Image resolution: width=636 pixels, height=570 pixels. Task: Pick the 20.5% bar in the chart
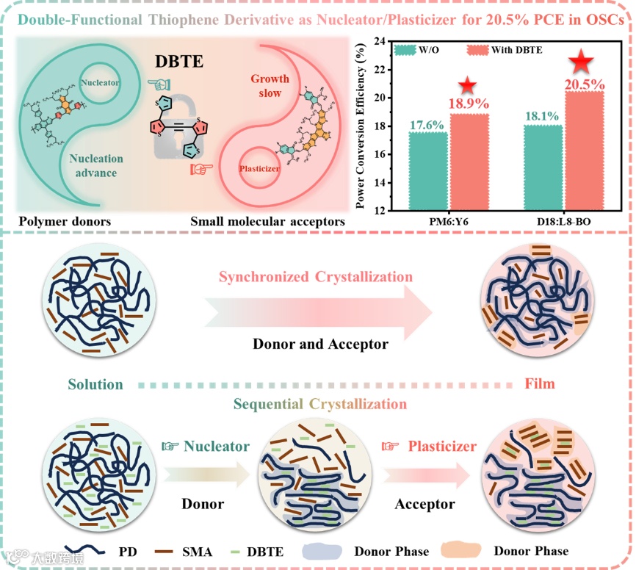pos(585,151)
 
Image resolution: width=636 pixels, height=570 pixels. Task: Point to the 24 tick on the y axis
pos(380,42)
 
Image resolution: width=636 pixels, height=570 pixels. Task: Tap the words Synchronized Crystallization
pos(316,277)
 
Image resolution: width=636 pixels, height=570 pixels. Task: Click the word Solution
pos(95,384)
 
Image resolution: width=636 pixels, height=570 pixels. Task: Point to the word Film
pos(540,384)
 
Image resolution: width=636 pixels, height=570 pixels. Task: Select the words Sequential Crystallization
pos(319,404)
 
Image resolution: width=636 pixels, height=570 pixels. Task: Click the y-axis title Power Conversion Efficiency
pos(361,125)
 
